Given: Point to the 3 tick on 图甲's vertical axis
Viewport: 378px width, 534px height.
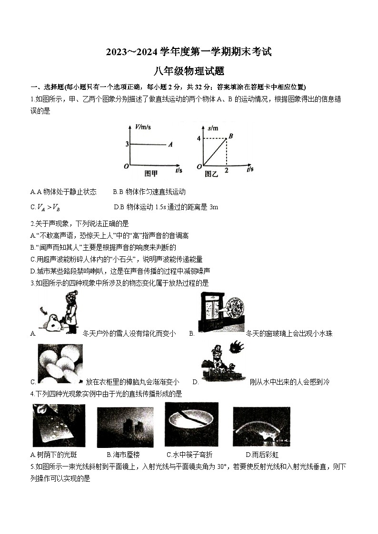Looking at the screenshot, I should [127, 144].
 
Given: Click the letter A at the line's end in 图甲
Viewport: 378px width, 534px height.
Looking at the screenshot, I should [170, 144].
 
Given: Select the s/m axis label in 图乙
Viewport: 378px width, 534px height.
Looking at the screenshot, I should [213, 128].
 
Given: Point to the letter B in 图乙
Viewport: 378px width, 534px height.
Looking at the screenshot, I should [230, 136].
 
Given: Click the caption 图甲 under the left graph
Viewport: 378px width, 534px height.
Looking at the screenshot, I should [151, 173].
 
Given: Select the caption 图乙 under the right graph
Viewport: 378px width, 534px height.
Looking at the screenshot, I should [211, 174].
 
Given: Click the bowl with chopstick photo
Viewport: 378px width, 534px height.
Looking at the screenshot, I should [191, 424].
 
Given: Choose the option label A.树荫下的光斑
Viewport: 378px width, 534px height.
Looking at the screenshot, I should [48, 455].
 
